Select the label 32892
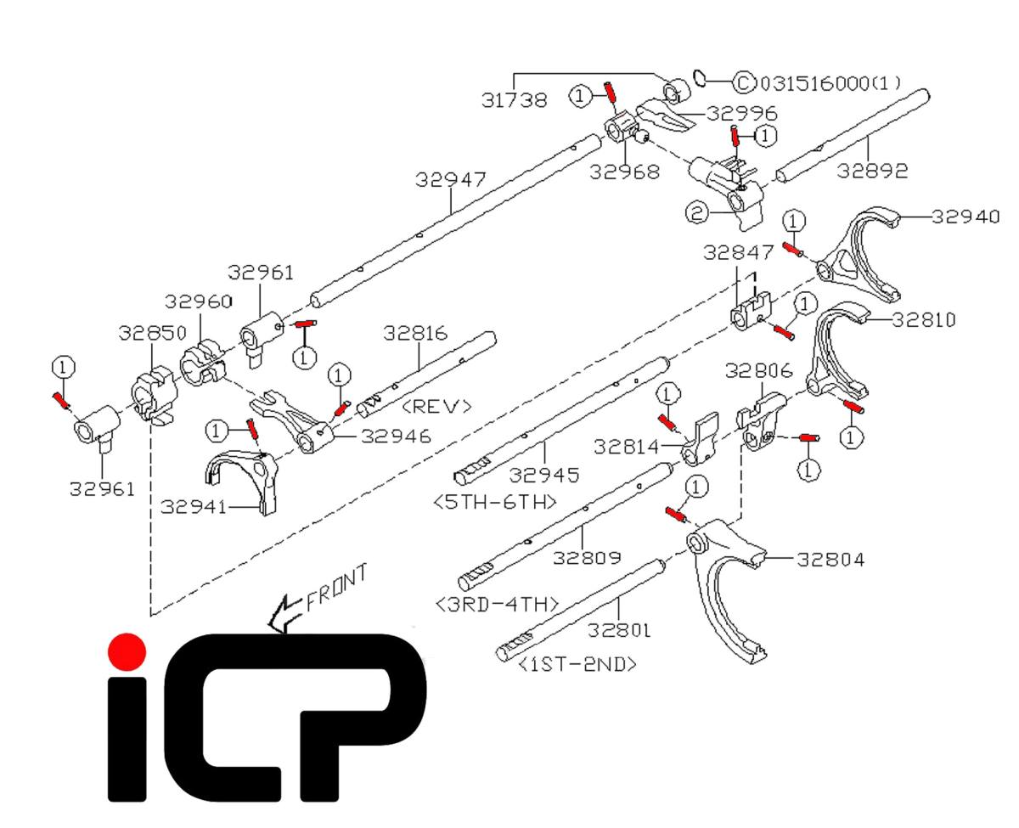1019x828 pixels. (872, 171)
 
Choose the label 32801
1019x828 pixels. (621, 631)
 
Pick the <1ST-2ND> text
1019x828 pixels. (577, 664)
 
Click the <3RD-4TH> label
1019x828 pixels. (497, 604)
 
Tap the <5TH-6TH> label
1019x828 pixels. (495, 501)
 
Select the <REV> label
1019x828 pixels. (436, 406)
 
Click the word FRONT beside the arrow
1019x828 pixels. (336, 588)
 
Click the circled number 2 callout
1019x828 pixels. (696, 215)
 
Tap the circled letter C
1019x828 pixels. (742, 82)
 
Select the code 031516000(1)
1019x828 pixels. (830, 83)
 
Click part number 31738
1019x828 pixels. (515, 100)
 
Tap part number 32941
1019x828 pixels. (194, 507)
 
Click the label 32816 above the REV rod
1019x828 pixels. (416, 332)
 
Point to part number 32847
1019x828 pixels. (739, 252)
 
